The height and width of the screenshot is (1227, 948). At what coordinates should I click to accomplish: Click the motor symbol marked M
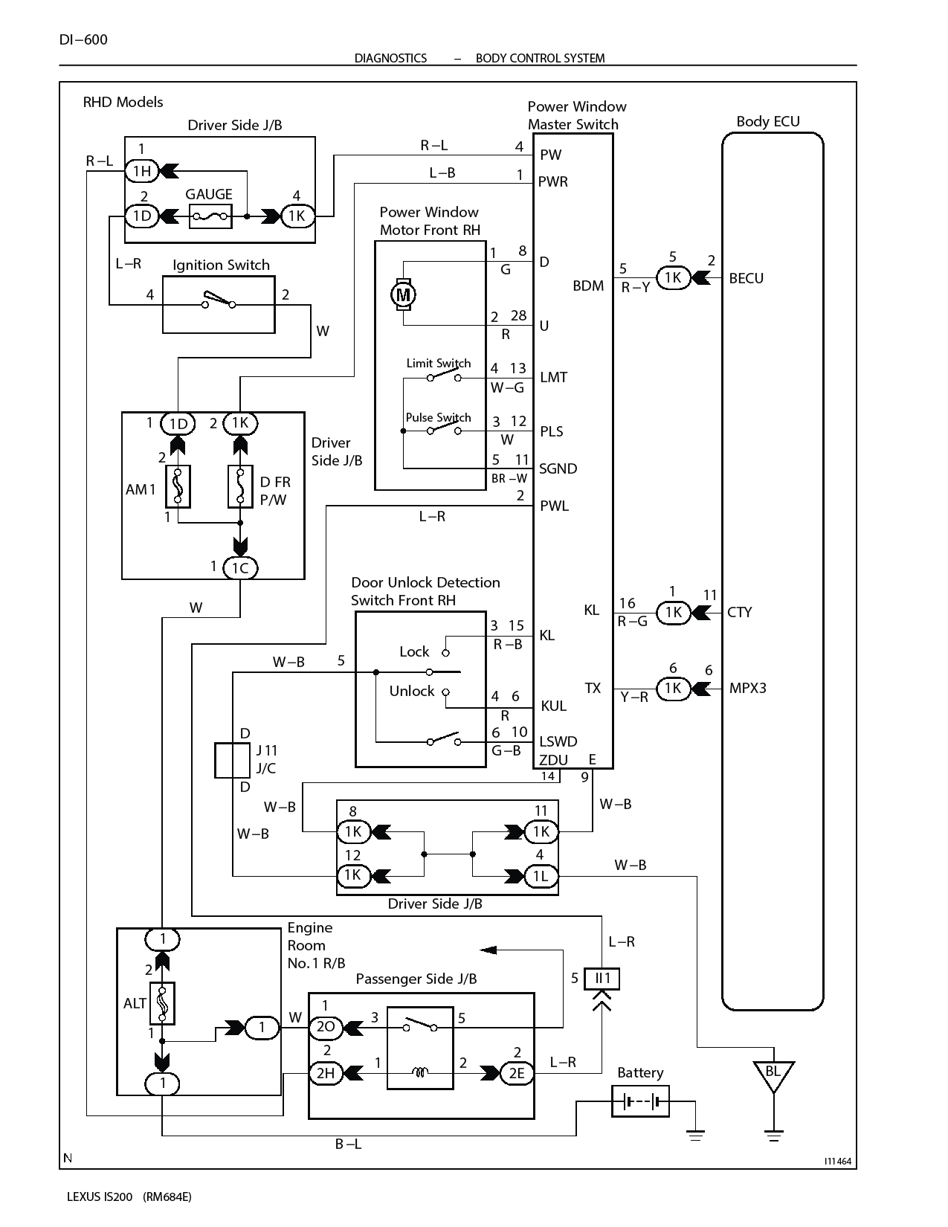pos(403,294)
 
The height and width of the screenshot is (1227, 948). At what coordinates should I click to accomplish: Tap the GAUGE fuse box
pos(210,216)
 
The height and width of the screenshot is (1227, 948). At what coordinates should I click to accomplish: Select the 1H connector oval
pos(141,171)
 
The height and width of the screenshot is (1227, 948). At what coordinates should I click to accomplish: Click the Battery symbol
pos(640,1101)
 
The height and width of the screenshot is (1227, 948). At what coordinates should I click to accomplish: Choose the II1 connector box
pos(602,978)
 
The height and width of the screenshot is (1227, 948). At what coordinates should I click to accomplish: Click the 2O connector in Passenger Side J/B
pos(326,1028)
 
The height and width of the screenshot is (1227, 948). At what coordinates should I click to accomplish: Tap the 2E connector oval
pos(516,1072)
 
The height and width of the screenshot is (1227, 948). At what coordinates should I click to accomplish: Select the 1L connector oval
pos(541,876)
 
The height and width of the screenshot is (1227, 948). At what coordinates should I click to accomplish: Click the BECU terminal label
pos(746,278)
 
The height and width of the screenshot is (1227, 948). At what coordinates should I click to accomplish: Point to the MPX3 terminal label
pos(747,688)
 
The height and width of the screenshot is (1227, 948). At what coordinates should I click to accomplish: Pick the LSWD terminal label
pos(558,741)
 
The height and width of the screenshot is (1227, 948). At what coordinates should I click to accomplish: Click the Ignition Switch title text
pos(221,265)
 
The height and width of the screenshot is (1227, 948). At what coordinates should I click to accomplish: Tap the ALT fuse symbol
pos(162,1002)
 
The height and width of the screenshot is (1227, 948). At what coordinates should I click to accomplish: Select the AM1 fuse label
pos(141,489)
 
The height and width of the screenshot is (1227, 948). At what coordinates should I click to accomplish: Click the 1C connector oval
pos(239,568)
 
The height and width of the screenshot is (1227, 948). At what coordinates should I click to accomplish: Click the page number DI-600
pos(83,39)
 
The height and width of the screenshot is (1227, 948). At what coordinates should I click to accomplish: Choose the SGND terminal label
pos(558,468)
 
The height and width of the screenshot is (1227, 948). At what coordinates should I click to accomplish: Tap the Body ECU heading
pos(767,121)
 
